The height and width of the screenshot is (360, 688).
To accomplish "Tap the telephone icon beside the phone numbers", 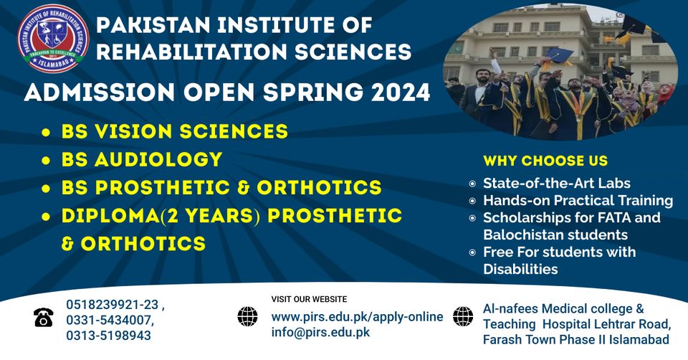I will click(x=43, y=317).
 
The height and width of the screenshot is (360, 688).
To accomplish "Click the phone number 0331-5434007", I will click(x=110, y=319).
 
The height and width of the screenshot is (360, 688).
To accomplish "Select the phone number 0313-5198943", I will click(x=109, y=335).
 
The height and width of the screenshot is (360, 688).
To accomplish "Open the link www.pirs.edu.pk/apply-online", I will click(x=357, y=316).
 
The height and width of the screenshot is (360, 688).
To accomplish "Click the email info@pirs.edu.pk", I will click(x=320, y=332).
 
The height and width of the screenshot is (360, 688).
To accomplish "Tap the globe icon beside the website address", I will click(x=247, y=316).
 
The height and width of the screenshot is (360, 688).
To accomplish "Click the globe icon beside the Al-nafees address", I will click(x=463, y=316).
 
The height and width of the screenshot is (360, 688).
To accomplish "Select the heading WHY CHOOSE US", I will click(x=545, y=161).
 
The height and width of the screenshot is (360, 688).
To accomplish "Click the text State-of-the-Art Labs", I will click(x=556, y=183).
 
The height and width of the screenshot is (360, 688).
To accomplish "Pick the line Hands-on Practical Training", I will click(x=578, y=201).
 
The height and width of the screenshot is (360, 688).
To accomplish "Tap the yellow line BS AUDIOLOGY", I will click(x=142, y=159).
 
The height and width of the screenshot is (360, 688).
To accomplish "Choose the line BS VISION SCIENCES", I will click(x=175, y=131).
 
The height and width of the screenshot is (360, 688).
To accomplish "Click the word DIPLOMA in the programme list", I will click(x=107, y=215).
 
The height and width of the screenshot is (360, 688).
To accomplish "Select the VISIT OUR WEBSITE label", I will click(x=309, y=299).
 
